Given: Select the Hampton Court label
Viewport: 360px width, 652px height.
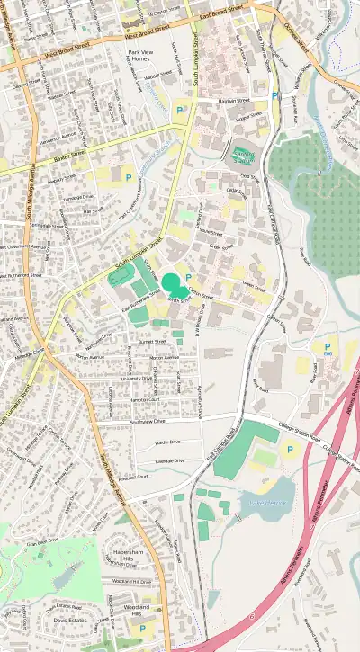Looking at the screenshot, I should (145, 399).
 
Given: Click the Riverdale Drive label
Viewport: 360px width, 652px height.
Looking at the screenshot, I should (169, 460).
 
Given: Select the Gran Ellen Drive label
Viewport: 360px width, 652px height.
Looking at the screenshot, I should (42, 543).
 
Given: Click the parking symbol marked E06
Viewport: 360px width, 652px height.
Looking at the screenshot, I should (327, 347).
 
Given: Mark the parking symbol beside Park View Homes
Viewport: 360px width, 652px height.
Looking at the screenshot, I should (179, 110).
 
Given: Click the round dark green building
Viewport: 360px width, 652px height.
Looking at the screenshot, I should (170, 283).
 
